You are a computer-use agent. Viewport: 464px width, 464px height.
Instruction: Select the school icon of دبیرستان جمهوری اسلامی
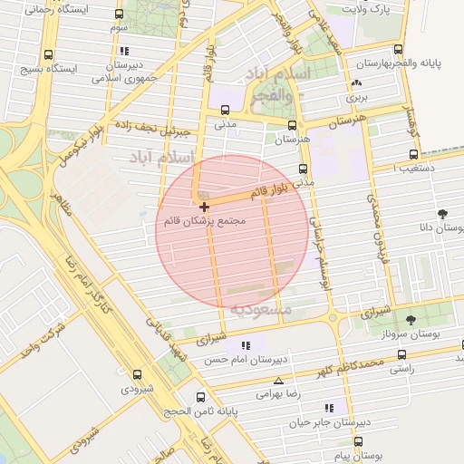124,51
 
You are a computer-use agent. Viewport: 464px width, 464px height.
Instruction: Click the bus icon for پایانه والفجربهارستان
398,50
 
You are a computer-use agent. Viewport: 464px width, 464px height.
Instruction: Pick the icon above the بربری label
354,84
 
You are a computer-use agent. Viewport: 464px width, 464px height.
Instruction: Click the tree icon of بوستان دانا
442,214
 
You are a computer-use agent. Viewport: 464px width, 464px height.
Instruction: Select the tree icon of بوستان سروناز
412,319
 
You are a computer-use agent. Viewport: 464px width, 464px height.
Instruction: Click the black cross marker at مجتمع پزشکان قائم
203,208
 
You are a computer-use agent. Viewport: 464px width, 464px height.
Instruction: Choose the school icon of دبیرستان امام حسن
246,345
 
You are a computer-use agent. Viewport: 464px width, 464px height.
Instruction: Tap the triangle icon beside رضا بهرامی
278,381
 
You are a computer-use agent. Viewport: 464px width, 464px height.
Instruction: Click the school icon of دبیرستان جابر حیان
328,408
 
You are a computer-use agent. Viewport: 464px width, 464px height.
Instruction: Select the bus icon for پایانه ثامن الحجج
201,397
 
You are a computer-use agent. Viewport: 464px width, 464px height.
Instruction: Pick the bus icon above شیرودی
137,373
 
